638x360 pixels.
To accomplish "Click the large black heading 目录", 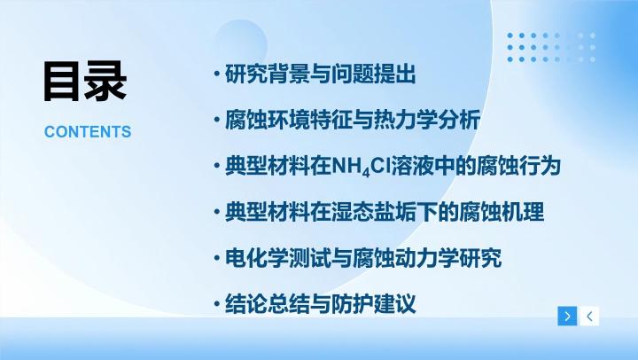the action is click(85, 81).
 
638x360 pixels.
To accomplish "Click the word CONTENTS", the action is click(88, 132).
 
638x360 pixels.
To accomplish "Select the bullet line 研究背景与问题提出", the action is click(320, 74).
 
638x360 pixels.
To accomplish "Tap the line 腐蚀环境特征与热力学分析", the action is click(353, 120).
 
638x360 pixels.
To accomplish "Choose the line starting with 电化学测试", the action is click(363, 258).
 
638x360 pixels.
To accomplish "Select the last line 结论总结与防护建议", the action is click(320, 304).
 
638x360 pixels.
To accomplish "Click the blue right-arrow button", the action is click(567, 316).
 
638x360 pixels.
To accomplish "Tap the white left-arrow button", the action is click(589, 316).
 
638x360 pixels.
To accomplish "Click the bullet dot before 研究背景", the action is click(217, 74).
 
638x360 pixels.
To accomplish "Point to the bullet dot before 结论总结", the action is click(217, 304).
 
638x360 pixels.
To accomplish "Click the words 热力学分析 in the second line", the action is click(427, 120).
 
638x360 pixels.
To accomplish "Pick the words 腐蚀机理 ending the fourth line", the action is click(502, 212).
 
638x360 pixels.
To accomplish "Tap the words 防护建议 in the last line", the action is click(374, 304).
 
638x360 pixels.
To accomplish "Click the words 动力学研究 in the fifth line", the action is click(448, 258).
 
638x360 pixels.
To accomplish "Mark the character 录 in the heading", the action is click(106, 81).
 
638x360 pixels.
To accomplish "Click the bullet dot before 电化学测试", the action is click(217, 258).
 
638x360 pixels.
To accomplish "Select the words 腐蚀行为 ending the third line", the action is click(518, 166).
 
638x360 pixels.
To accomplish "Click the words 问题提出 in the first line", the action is click(374, 74).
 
